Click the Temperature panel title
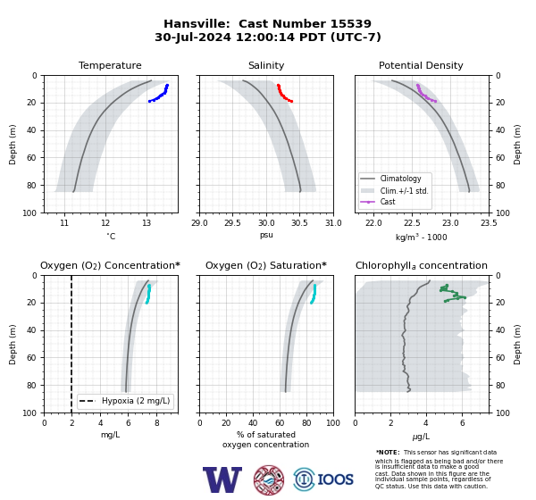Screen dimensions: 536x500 click(110, 65)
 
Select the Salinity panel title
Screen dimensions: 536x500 click(266, 65)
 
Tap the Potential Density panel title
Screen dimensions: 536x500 click(421, 65)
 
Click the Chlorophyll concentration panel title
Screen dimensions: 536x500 click(422, 265)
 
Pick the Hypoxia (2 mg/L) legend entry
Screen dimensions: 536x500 click(125, 401)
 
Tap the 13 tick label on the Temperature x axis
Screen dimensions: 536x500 click(147, 223)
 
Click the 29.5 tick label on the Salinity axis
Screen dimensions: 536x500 click(233, 223)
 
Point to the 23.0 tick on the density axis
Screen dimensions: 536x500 click(450, 223)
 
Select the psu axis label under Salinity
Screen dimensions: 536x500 click(266, 235)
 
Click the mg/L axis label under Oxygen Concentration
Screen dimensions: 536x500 click(111, 435)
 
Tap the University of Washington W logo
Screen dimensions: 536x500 click(222, 479)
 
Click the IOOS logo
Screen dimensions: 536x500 click(323, 479)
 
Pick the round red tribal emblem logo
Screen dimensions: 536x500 click(269, 479)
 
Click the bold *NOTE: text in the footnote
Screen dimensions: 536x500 click(388, 452)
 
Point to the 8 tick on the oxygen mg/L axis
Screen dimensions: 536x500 click(157, 423)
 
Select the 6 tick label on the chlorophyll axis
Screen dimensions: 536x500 click(463, 423)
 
